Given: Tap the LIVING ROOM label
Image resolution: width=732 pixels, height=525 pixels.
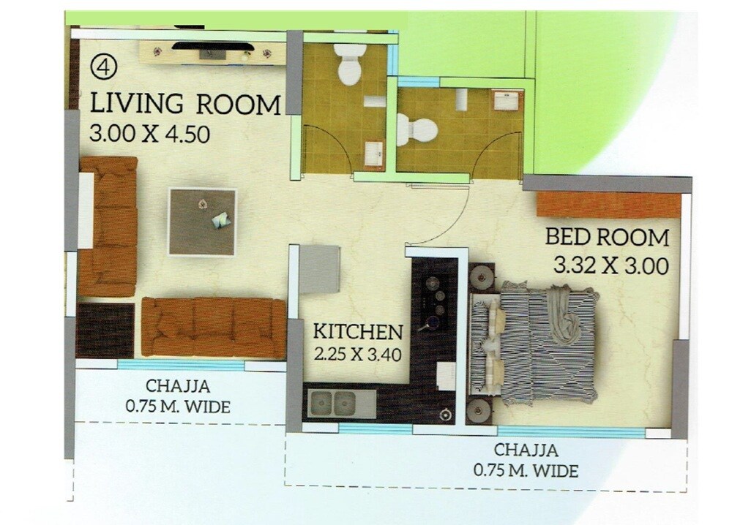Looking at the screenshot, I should point(184,104).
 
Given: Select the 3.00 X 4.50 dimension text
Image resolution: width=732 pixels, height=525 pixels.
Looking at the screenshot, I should point(150,134).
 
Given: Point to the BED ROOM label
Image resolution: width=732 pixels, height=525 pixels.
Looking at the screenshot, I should point(607,237).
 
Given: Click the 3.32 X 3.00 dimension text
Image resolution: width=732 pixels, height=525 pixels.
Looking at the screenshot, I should point(611,266).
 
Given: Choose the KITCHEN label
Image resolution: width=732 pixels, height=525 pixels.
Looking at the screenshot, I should point(358,331).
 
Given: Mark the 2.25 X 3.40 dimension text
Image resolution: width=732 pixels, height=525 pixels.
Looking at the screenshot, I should point(359,356).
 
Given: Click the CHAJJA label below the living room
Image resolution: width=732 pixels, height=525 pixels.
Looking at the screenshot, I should point(181,386).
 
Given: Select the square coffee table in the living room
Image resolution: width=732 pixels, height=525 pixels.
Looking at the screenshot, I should point(203,222).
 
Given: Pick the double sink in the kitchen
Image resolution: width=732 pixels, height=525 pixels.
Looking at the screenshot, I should point(334,403).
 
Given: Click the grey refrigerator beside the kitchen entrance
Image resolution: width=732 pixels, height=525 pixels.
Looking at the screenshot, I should point(320,268).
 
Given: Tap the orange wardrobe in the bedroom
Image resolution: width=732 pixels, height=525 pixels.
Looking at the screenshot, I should point(608,205).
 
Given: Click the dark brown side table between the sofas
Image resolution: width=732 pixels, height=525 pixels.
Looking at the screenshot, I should point(105,330).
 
